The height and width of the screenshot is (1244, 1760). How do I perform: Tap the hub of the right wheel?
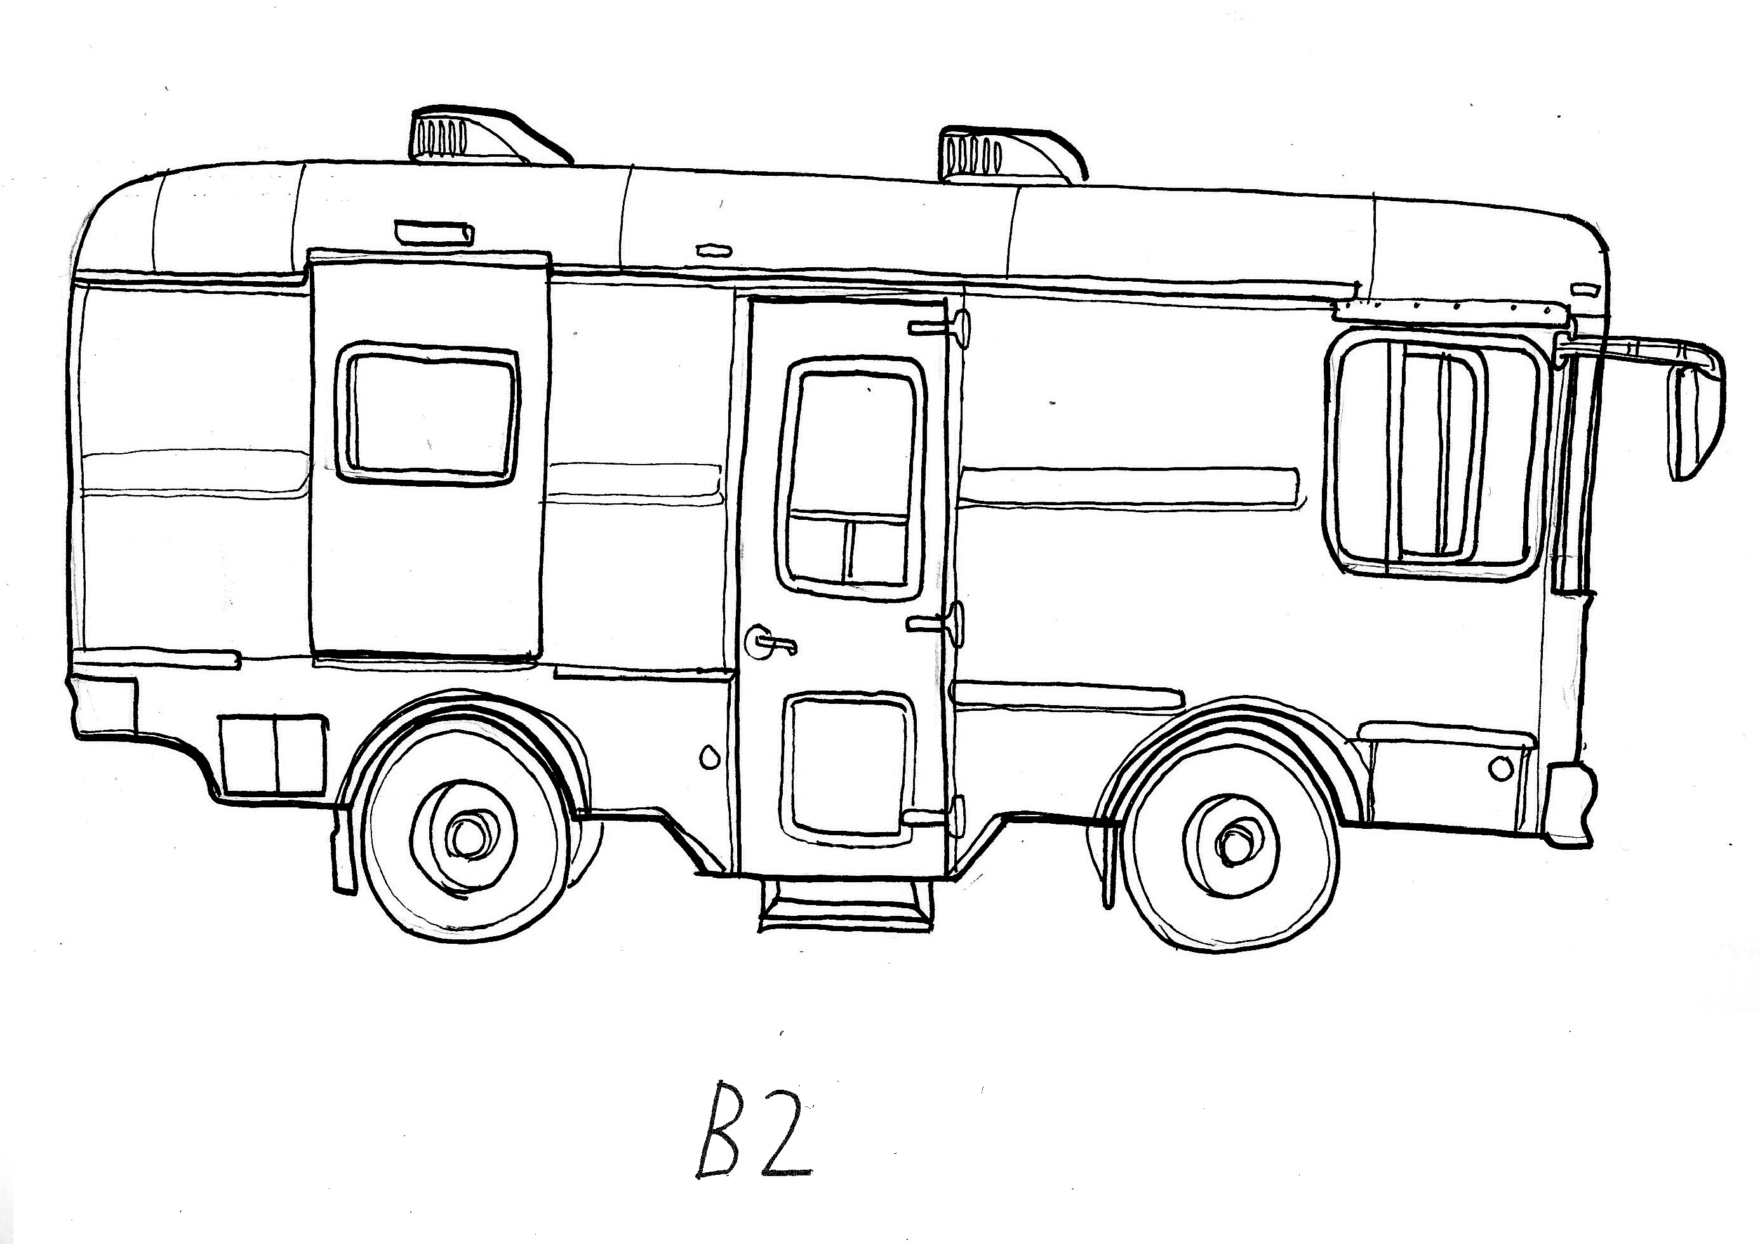(x=1232, y=846)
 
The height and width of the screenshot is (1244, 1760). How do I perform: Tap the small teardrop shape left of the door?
(x=709, y=757)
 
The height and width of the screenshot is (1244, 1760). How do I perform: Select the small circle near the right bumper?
(x=1500, y=769)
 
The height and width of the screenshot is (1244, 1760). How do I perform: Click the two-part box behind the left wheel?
(x=274, y=753)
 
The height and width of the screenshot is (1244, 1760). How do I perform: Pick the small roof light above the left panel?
(x=433, y=232)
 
